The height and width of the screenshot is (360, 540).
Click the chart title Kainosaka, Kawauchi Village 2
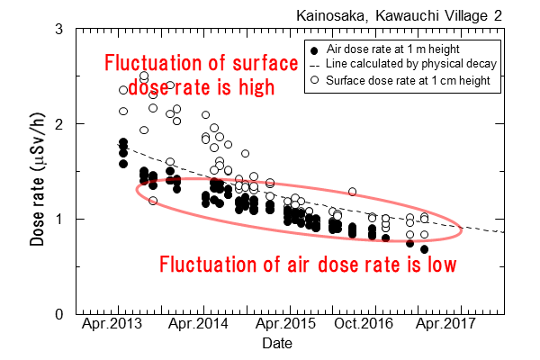418,14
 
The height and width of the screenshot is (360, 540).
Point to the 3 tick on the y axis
58,29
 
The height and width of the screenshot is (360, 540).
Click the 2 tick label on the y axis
58,123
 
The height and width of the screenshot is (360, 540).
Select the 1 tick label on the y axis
58,219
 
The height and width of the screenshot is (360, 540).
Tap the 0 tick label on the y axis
58,314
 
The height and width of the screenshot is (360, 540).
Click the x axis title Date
277,344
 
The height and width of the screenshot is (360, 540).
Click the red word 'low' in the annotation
439,265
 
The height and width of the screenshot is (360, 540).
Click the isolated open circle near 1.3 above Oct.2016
352,192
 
